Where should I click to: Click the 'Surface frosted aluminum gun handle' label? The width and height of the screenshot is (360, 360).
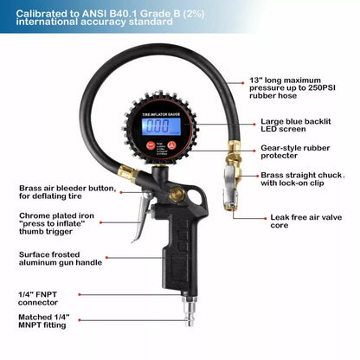coord(58,259)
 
